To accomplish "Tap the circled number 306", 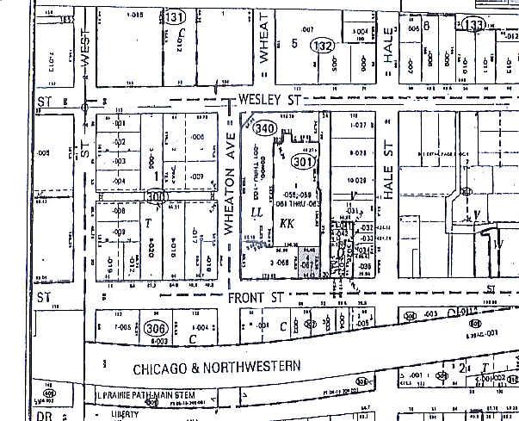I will [x=155, y=327].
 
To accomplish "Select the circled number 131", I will [x=176, y=18].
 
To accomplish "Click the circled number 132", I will [x=323, y=46].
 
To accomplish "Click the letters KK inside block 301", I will [x=287, y=222].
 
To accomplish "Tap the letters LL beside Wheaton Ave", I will [x=256, y=212].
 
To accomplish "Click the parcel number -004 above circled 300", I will [x=120, y=180].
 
